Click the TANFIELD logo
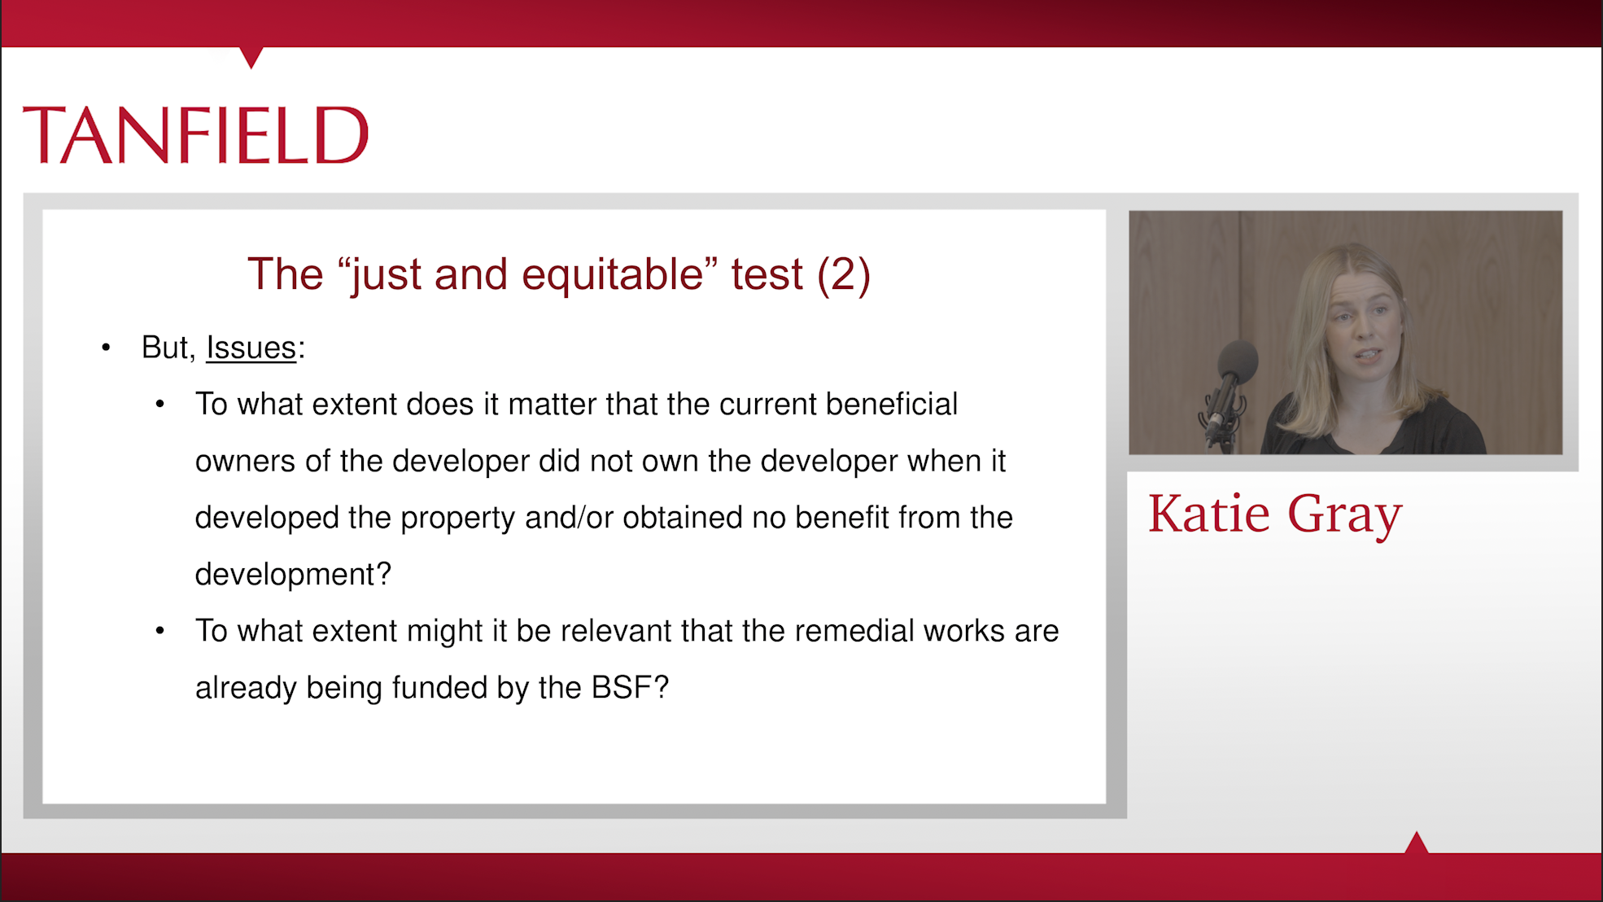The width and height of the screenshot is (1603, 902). pos(195,135)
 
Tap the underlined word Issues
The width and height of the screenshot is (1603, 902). pos(251,348)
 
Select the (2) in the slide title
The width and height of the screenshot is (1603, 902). pos(844,274)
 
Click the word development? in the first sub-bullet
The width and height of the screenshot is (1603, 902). pos(293,575)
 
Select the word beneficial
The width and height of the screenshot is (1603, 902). pos(892,404)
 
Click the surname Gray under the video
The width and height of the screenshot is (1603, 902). pos(1345,516)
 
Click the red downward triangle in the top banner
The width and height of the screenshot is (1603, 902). pos(251,56)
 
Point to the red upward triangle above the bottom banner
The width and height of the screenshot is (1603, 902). pos(1417,843)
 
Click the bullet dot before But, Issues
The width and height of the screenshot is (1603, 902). pos(106,348)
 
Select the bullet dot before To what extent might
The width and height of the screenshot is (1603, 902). pos(160,631)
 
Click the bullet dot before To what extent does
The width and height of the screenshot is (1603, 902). pos(160,405)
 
